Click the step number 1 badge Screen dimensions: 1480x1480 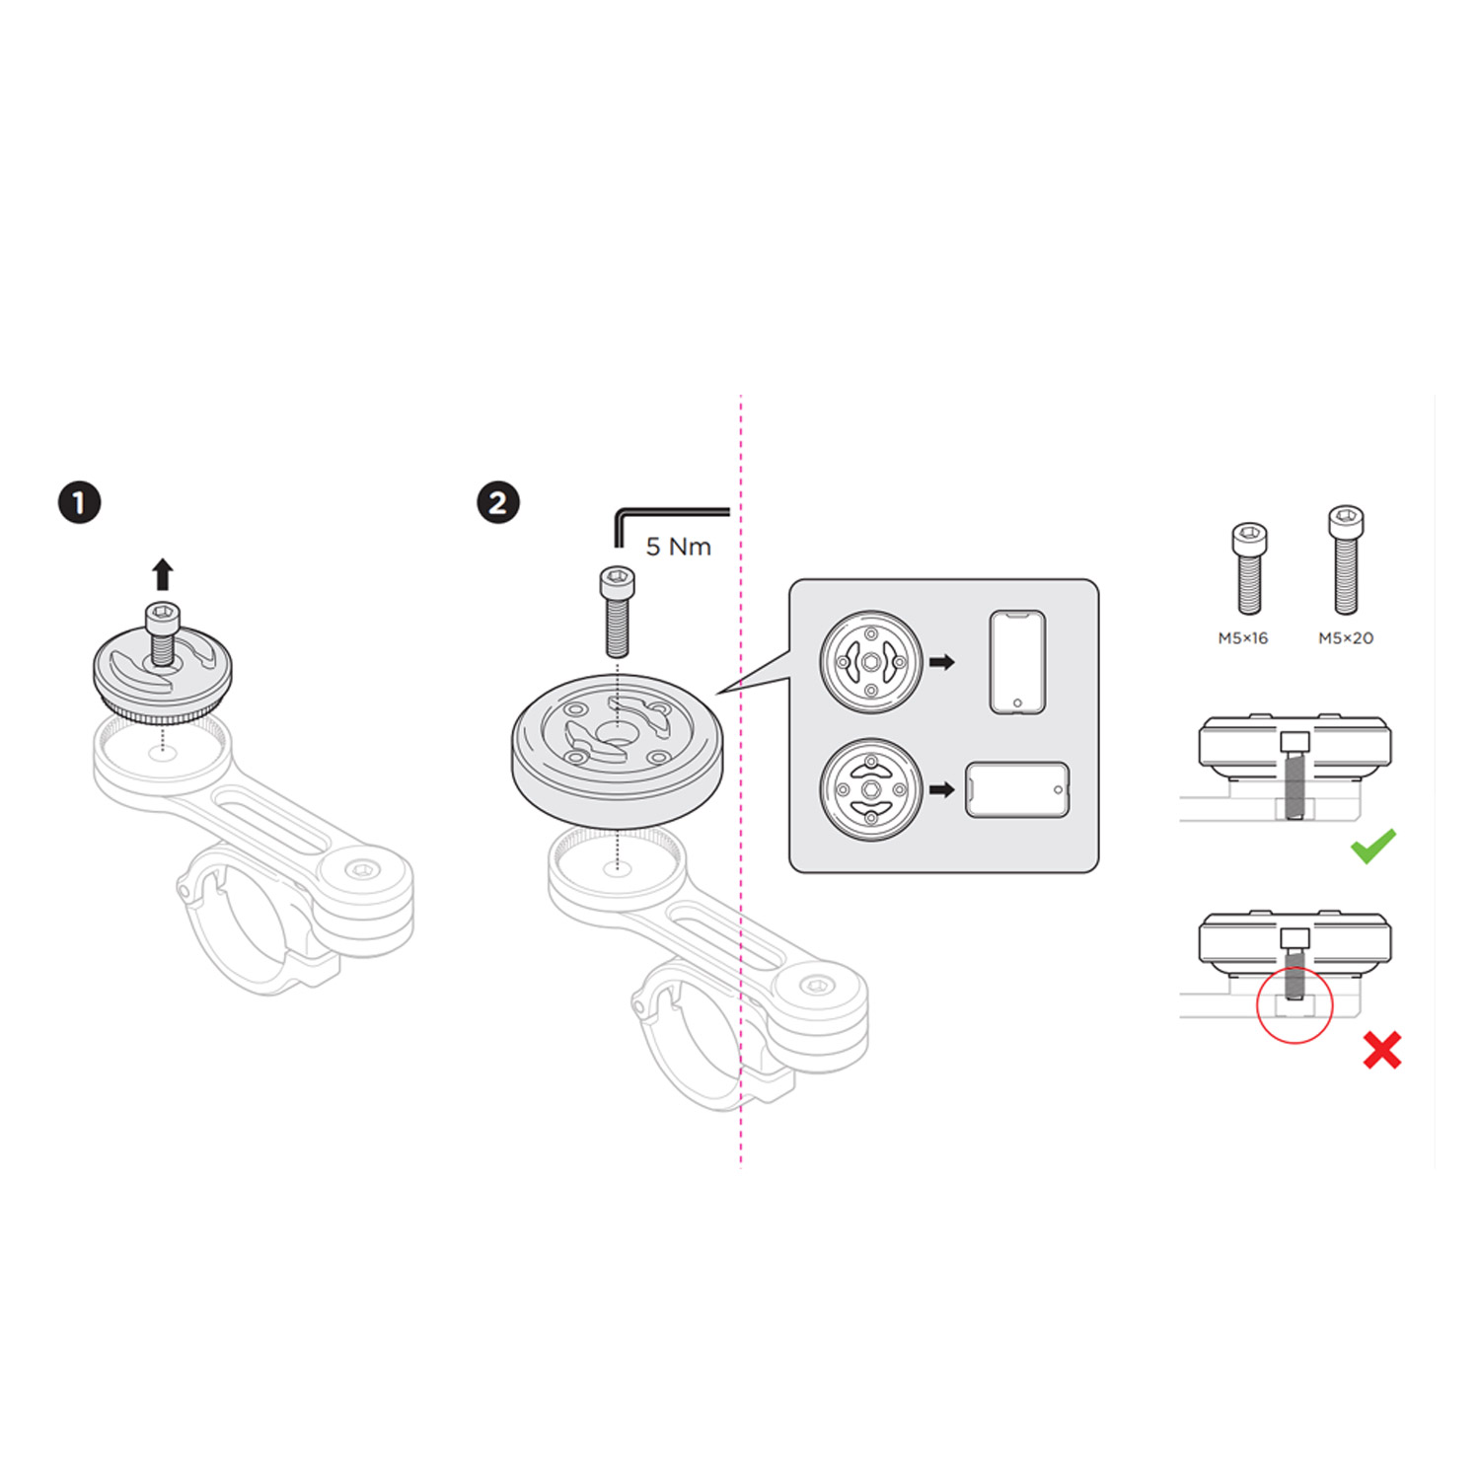click(79, 502)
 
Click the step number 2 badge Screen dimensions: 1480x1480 click(498, 502)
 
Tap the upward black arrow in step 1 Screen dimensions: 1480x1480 click(163, 574)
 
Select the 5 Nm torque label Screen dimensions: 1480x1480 click(678, 547)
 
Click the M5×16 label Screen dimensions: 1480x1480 click(1242, 638)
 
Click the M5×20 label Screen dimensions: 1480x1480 click(1346, 638)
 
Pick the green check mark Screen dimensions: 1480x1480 click(1373, 846)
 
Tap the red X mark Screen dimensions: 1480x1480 click(1382, 1051)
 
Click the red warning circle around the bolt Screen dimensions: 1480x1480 click(1295, 1004)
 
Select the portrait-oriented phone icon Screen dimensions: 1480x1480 click(1017, 662)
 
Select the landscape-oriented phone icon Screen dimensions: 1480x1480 click(1017, 789)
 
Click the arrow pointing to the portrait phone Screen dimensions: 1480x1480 click(942, 662)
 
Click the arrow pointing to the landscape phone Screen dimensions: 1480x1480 click(942, 789)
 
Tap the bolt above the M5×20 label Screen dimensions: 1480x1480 click(1346, 559)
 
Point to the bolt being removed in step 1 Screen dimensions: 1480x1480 click(162, 632)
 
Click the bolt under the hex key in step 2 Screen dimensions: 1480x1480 click(617, 611)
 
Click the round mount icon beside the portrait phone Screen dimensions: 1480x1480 click(871, 662)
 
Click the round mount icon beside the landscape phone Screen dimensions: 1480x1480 click(871, 789)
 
